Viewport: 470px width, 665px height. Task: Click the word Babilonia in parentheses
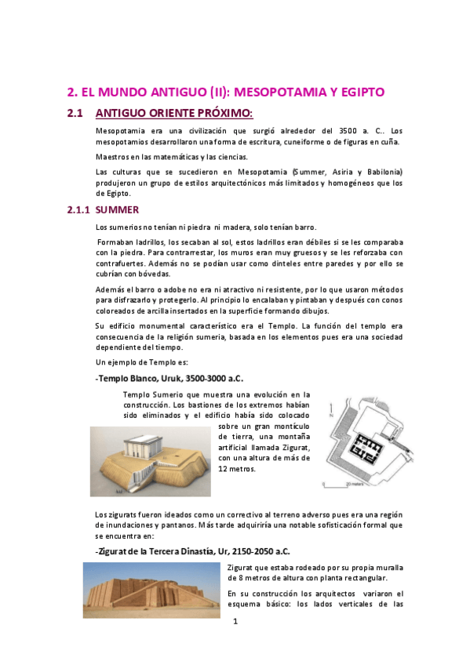click(x=380, y=172)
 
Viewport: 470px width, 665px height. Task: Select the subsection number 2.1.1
click(x=78, y=210)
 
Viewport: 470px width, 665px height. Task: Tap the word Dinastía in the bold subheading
click(x=191, y=551)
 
